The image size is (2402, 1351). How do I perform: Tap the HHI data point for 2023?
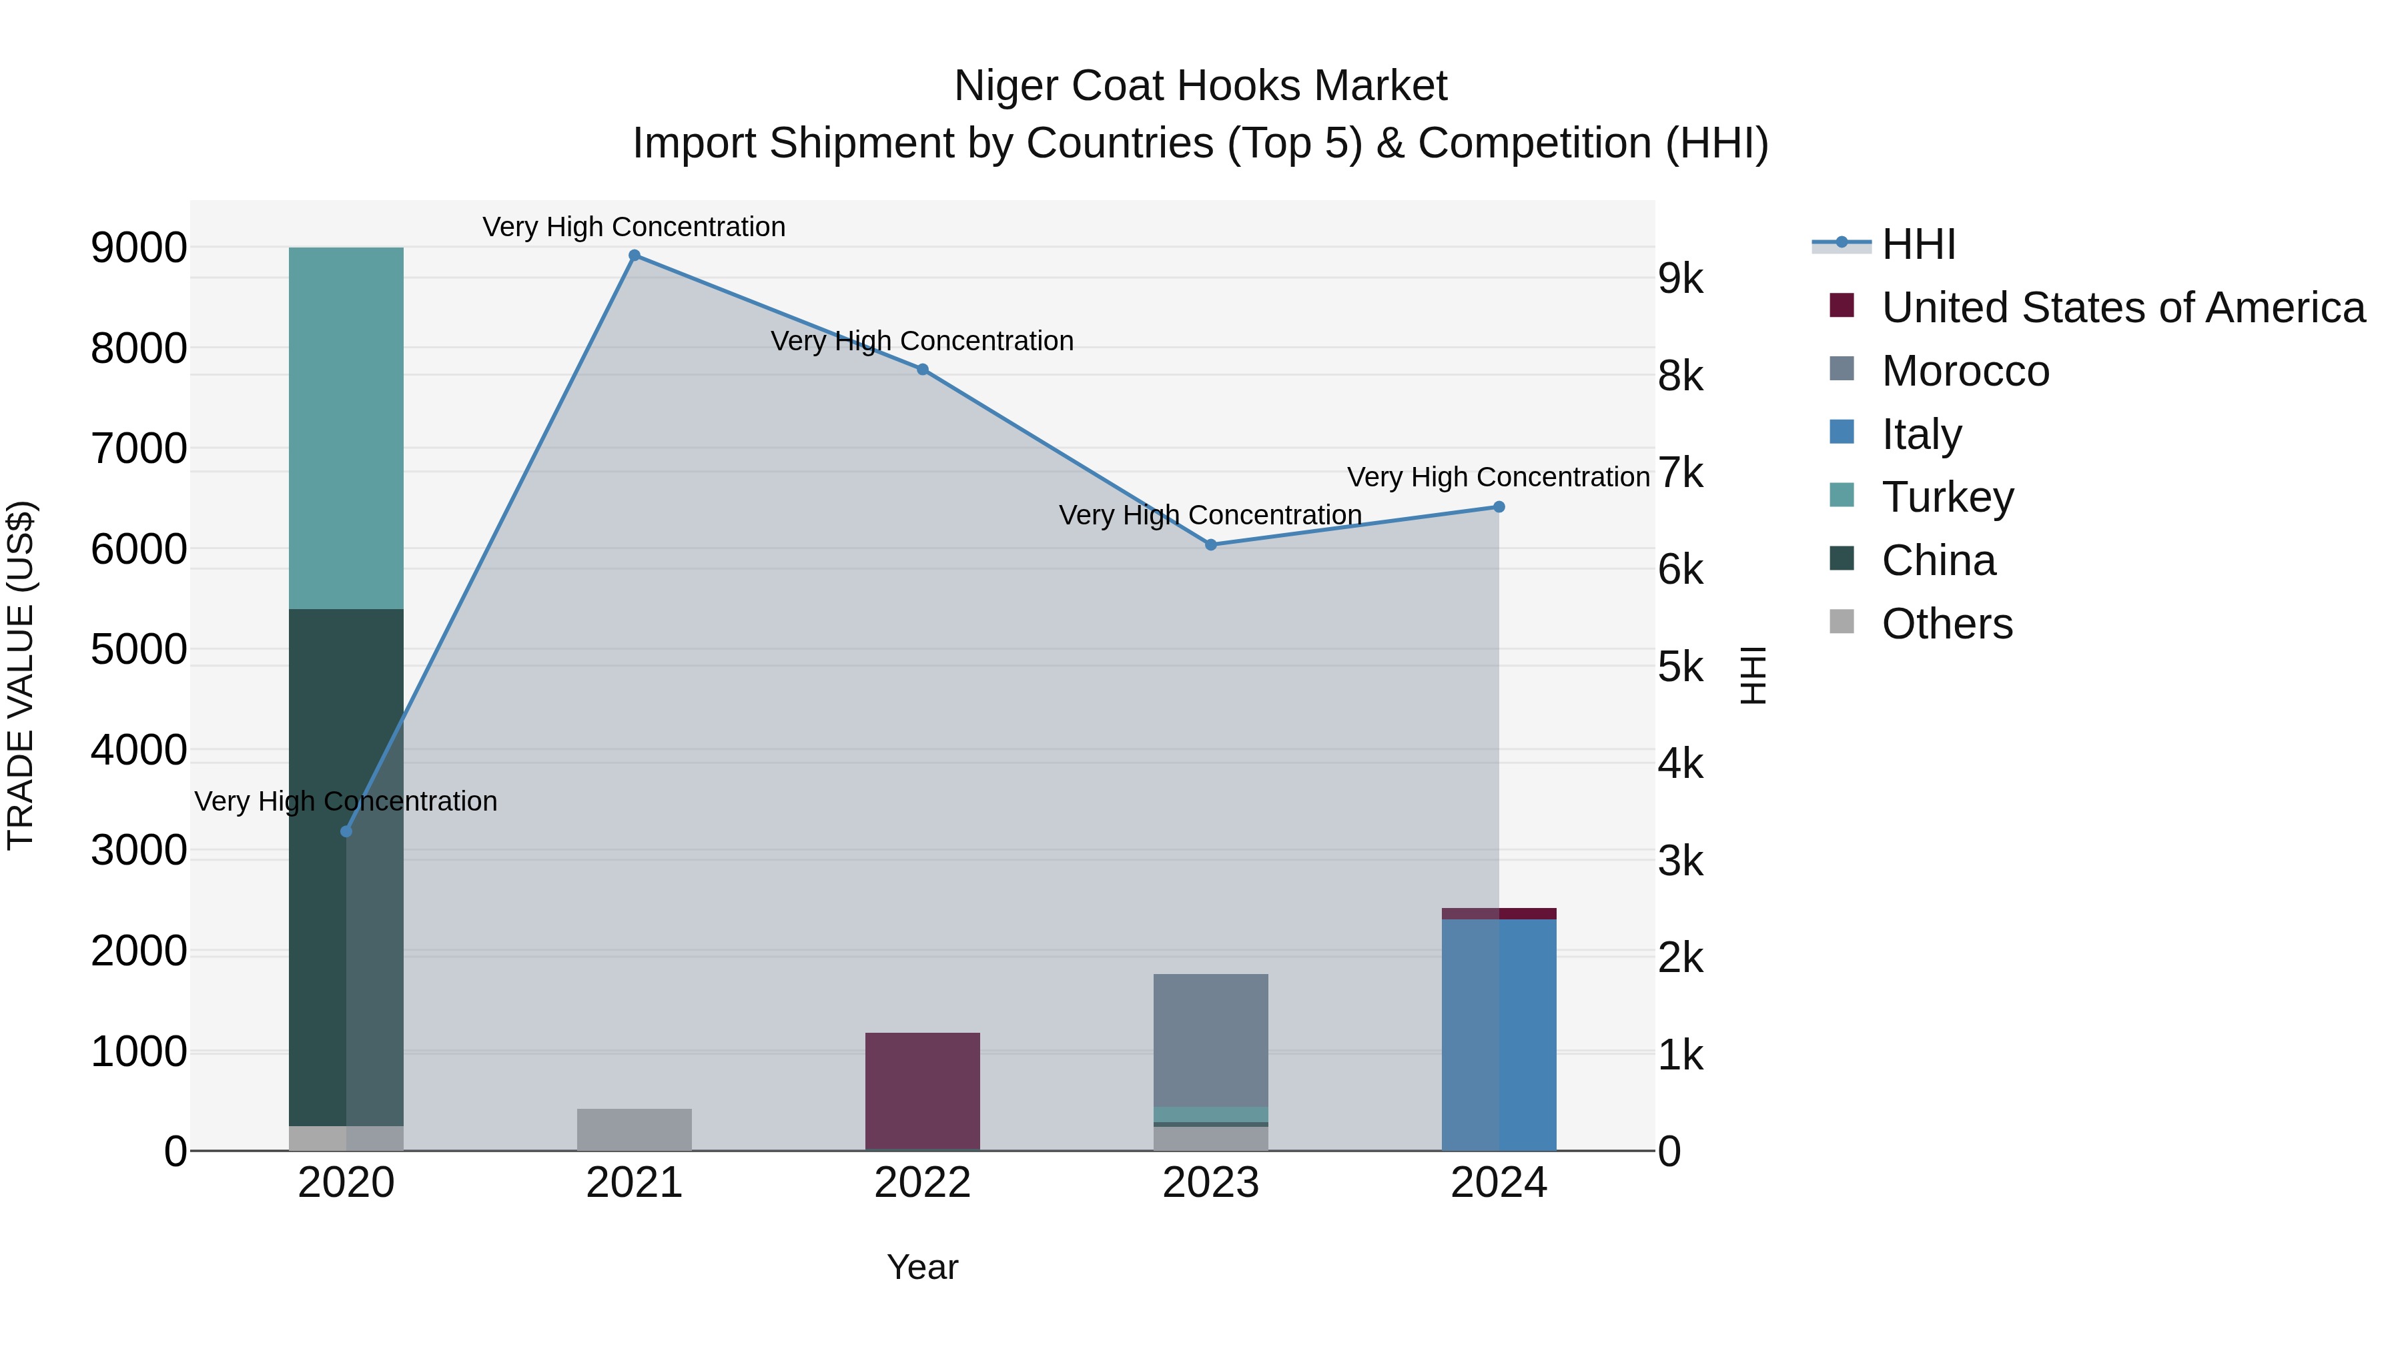pos(1210,544)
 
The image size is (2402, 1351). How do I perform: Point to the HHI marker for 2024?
pos(1499,507)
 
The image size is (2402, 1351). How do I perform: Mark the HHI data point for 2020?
pos(346,831)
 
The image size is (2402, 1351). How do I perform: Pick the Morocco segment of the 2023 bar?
pos(1210,1039)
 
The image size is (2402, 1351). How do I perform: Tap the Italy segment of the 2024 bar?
pos(1499,1035)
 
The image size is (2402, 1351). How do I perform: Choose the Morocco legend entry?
pos(1965,371)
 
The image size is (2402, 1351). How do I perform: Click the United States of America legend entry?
pos(2122,308)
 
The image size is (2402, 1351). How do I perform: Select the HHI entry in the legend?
pos(1918,244)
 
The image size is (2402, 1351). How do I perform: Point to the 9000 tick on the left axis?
pos(139,248)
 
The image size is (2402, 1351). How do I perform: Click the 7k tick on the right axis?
pos(1680,474)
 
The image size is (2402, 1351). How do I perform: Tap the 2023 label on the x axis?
pos(1210,1183)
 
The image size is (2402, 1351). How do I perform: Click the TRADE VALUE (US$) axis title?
pos(21,675)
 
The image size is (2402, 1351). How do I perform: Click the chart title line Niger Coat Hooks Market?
pos(1200,86)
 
